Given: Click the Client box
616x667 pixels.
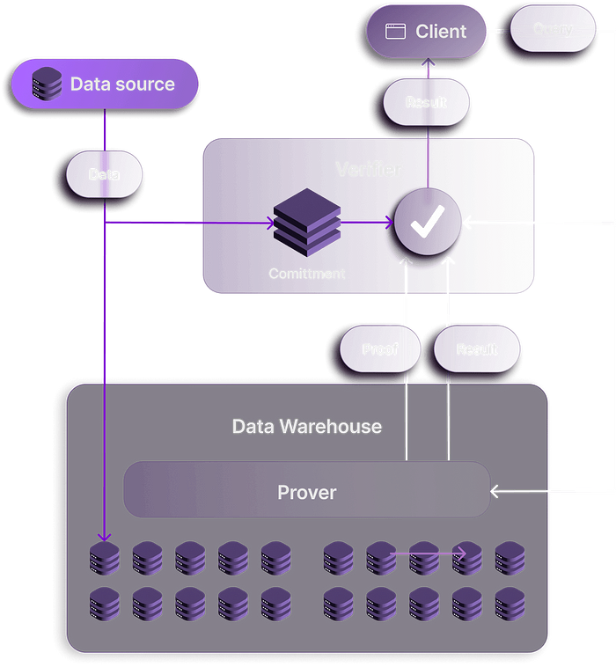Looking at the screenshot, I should pyautogui.click(x=427, y=32).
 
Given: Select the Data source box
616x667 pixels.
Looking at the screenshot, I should pyautogui.click(x=105, y=84).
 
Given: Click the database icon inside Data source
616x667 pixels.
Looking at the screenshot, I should pyautogui.click(x=43, y=85).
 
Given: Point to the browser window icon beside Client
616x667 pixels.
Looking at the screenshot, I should pyautogui.click(x=396, y=32).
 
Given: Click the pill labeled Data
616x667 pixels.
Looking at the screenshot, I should pyautogui.click(x=104, y=174).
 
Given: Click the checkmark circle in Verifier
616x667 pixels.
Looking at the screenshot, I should pyautogui.click(x=427, y=224).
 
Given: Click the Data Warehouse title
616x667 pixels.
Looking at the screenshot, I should pyautogui.click(x=306, y=427).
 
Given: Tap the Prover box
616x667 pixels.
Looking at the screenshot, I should pyautogui.click(x=306, y=492).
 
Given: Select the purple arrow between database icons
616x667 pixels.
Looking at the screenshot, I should pyautogui.click(x=428, y=553).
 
